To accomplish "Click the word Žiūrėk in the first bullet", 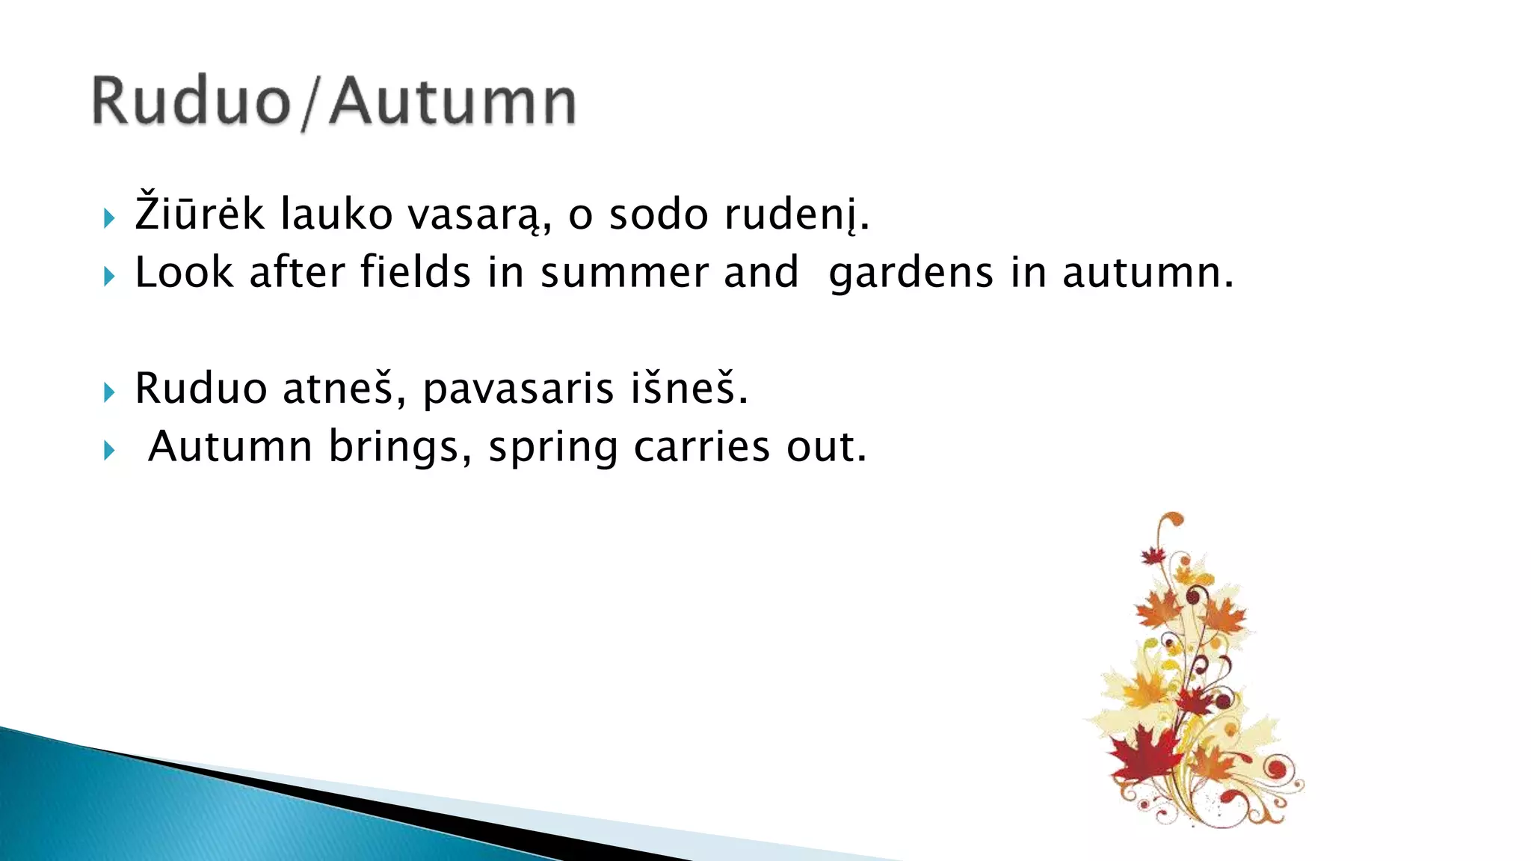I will click(199, 215).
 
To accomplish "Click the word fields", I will click(415, 272).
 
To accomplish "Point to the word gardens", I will click(911, 274).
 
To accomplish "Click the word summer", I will click(623, 274).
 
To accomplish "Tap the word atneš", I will click(338, 389).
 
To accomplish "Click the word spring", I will click(553, 448).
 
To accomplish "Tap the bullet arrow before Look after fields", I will click(110, 277).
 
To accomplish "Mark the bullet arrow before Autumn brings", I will click(110, 451).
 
